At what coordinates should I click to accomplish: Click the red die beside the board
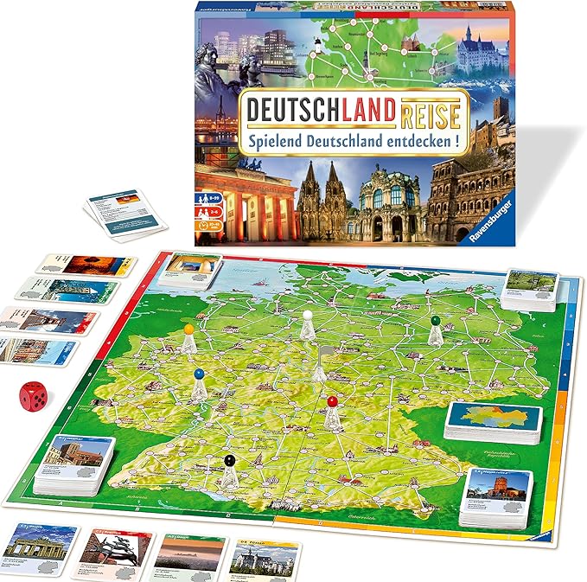34,396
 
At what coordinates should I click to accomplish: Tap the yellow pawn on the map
189,338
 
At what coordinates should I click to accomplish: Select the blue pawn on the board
200,384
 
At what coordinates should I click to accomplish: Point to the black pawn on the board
228,470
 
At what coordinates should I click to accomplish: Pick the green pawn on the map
435,329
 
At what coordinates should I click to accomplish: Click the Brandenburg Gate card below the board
40,547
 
